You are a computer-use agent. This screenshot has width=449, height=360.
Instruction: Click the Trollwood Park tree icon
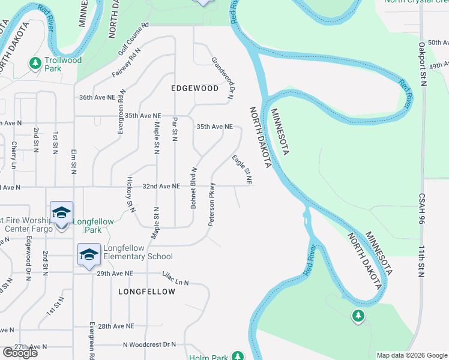pyautogui.click(x=35, y=62)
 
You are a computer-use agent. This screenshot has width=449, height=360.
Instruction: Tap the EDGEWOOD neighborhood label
pyautogui.click(x=195, y=88)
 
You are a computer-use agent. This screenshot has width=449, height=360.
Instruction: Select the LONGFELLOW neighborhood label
pyautogui.click(x=147, y=292)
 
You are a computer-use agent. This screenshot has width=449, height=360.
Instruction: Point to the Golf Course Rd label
pyautogui.click(x=133, y=39)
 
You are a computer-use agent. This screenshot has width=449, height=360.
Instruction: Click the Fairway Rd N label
pyautogui.click(x=125, y=63)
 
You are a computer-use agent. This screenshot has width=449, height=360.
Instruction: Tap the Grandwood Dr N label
pyautogui.click(x=223, y=77)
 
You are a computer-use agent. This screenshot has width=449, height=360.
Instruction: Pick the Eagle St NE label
pyautogui.click(x=241, y=169)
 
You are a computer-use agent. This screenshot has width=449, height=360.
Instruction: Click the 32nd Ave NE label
pyautogui.click(x=161, y=187)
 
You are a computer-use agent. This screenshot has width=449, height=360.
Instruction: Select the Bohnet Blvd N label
pyautogui.click(x=194, y=188)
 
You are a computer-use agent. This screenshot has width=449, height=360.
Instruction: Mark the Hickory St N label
pyautogui.click(x=130, y=194)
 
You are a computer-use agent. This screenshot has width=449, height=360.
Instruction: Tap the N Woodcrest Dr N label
pyautogui.click(x=149, y=344)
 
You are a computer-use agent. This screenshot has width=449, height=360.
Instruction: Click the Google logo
pyautogui.click(x=20, y=353)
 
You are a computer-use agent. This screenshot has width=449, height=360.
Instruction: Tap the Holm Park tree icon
pyautogui.click(x=238, y=356)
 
